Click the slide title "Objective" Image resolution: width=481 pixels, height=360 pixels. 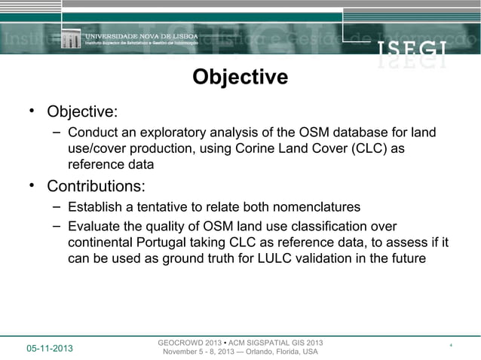click(240, 78)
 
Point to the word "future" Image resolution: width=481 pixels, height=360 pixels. click(403, 260)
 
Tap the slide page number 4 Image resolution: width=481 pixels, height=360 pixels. click(450, 346)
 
